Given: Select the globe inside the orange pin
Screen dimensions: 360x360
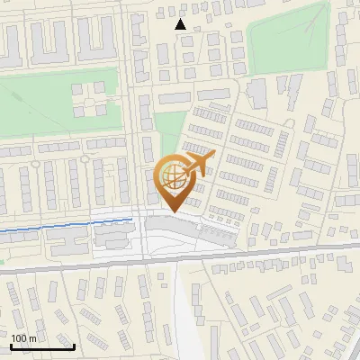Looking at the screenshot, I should click(172, 176).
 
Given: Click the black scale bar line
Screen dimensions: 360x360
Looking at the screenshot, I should click(41, 346).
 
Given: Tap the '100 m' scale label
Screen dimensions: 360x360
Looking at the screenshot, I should click(23, 337).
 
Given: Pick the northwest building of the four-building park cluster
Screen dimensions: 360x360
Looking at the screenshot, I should click(78, 89).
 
